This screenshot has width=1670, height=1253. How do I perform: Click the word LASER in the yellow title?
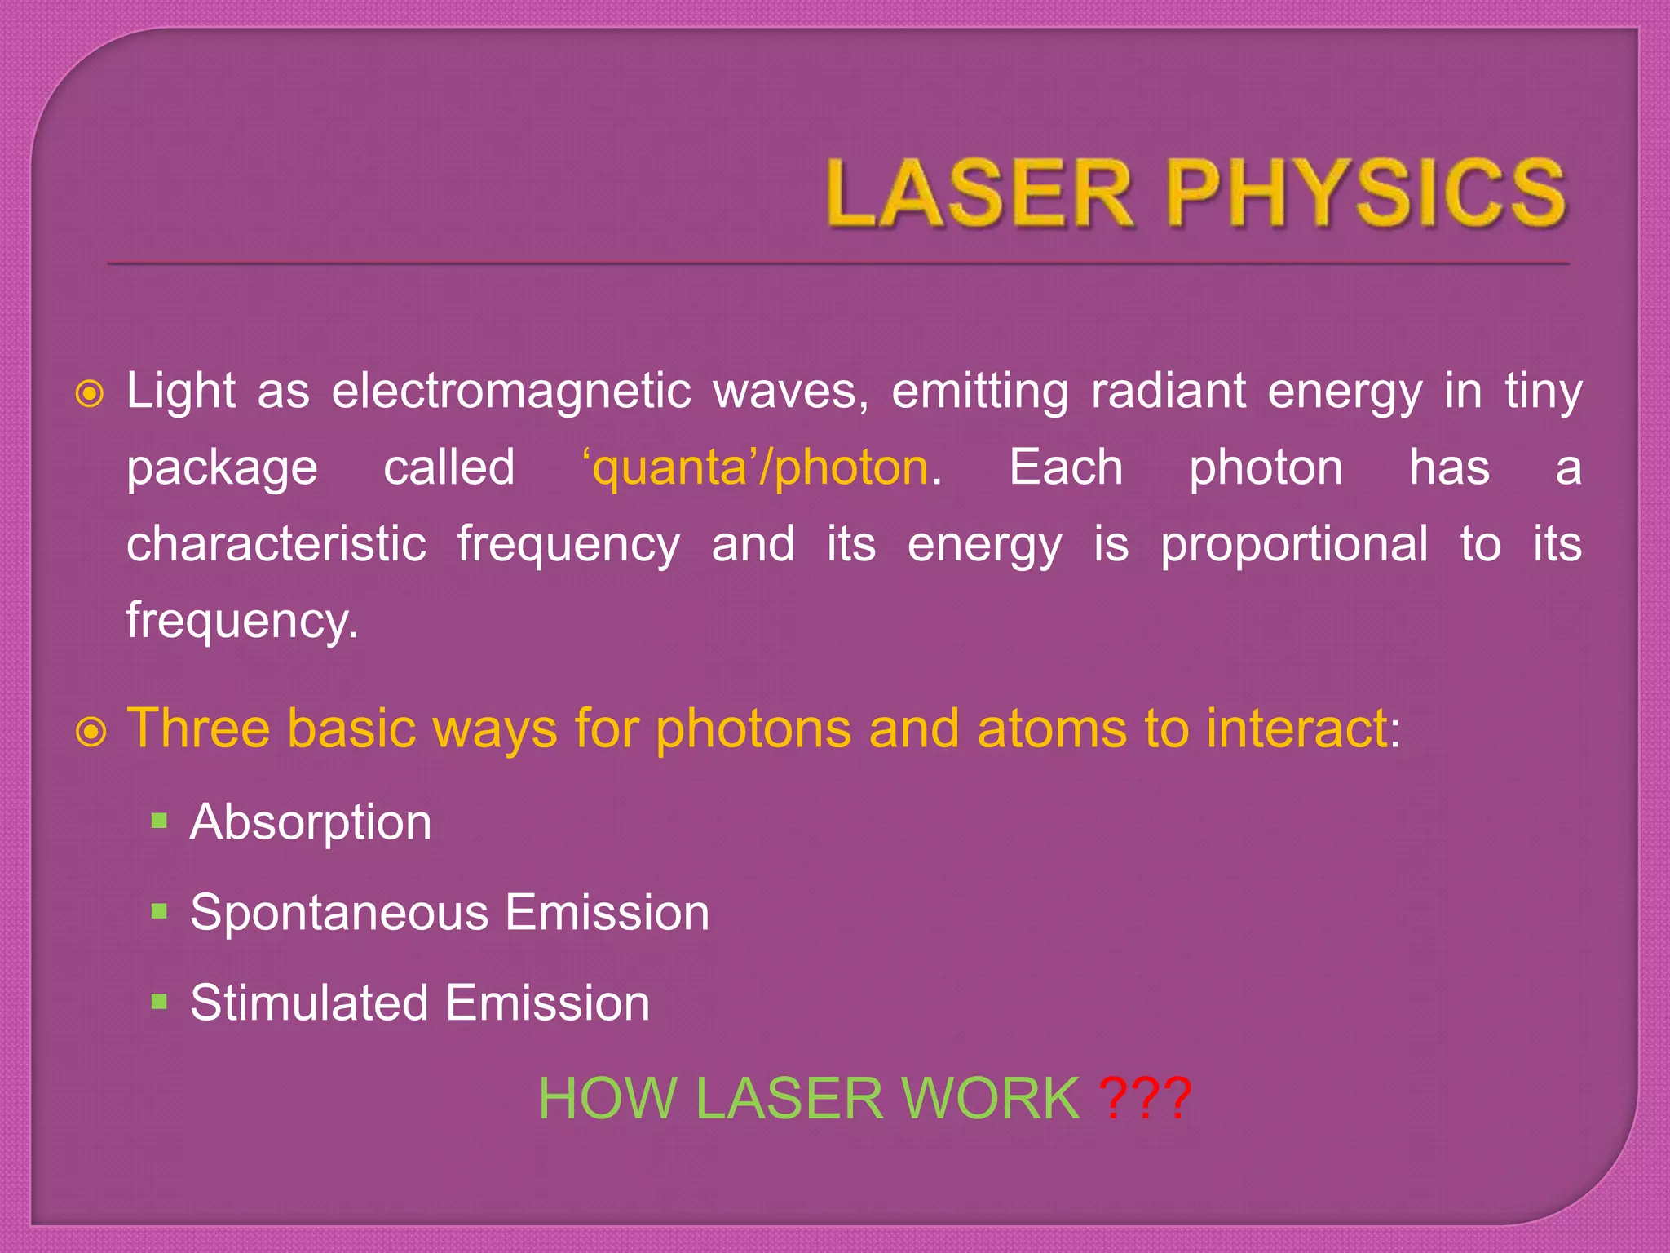[979, 193]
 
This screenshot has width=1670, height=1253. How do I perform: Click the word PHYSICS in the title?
[1366, 193]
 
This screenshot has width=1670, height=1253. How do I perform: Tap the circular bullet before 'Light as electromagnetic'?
[90, 394]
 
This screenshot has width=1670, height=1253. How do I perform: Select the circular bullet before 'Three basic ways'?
[91, 732]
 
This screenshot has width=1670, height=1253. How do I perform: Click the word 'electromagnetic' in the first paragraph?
[511, 391]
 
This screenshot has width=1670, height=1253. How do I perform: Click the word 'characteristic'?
[276, 544]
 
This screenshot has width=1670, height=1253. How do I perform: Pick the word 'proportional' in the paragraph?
[1294, 544]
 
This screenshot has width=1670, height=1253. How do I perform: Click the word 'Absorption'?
[311, 821]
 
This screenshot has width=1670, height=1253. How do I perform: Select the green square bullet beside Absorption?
[159, 820]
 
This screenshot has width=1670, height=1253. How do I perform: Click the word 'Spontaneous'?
[338, 912]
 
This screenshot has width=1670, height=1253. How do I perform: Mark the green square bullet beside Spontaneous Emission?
[159, 910]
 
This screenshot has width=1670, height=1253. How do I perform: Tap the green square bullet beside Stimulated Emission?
[159, 1001]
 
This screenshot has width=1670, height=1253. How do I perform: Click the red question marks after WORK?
[1145, 1099]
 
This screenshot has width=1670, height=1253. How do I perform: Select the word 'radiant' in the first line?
[1169, 391]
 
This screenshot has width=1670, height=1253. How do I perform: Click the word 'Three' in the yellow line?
[198, 728]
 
